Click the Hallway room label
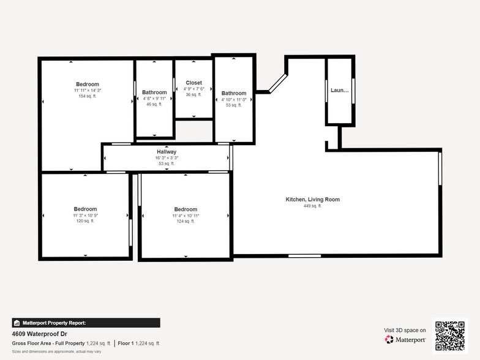pyautogui.click(x=167, y=151)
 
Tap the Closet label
pyautogui.click(x=193, y=83)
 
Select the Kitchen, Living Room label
pyautogui.click(x=312, y=200)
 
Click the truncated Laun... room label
pyautogui.click(x=339, y=90)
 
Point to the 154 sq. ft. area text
pyautogui.click(x=87, y=96)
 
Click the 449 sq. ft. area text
pyautogui.click(x=312, y=206)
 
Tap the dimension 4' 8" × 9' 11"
pyautogui.click(x=154, y=99)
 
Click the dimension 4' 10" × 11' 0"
pyautogui.click(x=234, y=99)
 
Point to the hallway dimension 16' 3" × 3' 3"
pyautogui.click(x=167, y=158)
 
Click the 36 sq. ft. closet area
pyautogui.click(x=193, y=94)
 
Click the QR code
pyautogui.click(x=449, y=336)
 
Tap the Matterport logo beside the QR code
pyautogui.click(x=405, y=339)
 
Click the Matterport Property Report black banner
pyautogui.click(x=86, y=323)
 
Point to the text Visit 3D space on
pyautogui.click(x=405, y=330)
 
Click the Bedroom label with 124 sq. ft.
pyautogui.click(x=186, y=209)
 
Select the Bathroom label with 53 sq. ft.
pyautogui.click(x=234, y=93)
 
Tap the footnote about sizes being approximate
pyautogui.click(x=56, y=351)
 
